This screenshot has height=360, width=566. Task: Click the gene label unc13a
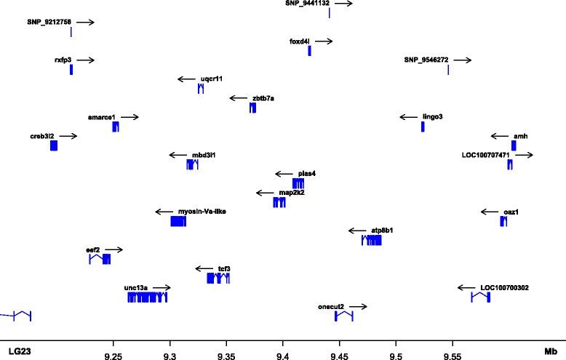[136, 288]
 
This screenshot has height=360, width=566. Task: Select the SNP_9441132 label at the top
[307, 4]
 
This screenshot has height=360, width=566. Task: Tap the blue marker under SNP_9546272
[448, 70]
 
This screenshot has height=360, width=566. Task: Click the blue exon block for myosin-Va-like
[178, 222]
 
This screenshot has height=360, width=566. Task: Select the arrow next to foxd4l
[324, 41]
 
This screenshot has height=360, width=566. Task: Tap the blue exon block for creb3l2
[54, 145]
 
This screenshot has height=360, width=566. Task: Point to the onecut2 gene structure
[343, 316]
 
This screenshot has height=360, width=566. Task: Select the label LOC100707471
[485, 155]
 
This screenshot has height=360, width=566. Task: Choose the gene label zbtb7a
[263, 97]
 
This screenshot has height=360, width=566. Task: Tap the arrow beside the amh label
[500, 136]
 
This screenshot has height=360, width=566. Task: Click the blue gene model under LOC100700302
[480, 297]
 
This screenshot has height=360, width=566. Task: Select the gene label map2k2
[291, 193]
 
